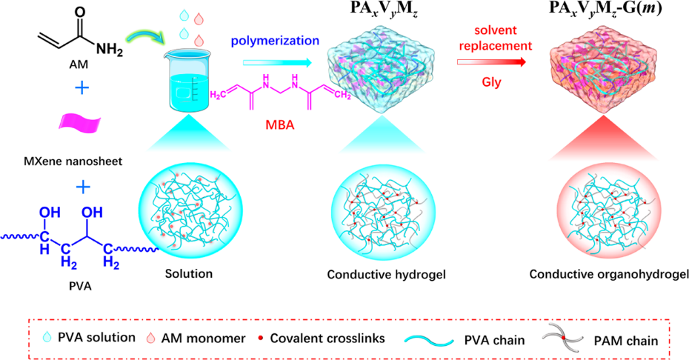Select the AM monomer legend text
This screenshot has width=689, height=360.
[x=199, y=338]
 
